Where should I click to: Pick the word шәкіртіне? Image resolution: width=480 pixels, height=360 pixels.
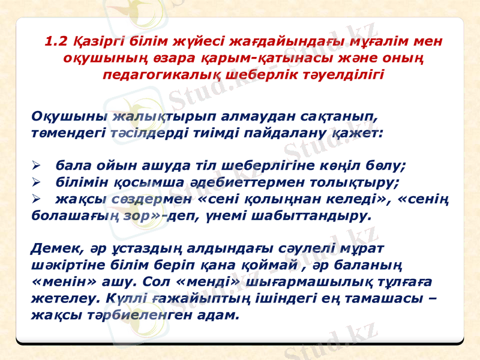[x=65, y=263]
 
